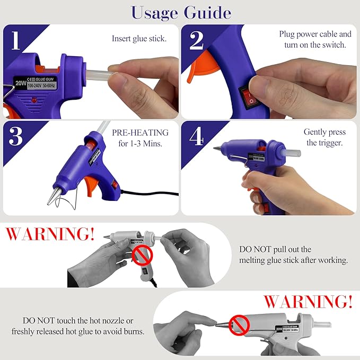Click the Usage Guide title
pyautogui.click(x=180, y=12)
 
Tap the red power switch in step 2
pyautogui.click(x=248, y=95)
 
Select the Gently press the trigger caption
pyautogui.click(x=324, y=137)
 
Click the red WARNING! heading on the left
pyautogui.click(x=50, y=234)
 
